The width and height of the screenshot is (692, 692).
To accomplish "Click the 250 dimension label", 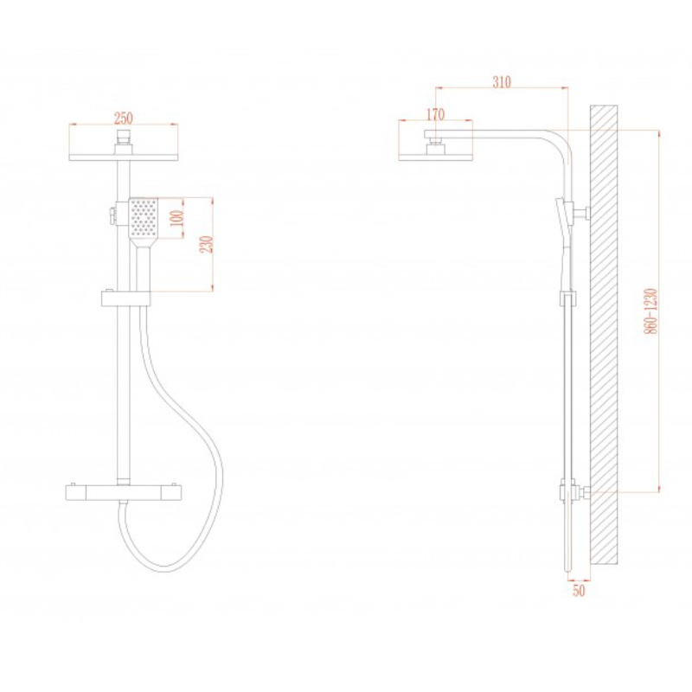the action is click(x=124, y=119).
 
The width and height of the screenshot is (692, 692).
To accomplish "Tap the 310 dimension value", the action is click(x=502, y=82).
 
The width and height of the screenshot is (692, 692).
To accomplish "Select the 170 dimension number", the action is click(x=436, y=114).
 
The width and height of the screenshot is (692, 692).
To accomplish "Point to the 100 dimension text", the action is click(x=177, y=218).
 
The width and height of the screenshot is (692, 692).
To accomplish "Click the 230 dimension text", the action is click(x=207, y=244).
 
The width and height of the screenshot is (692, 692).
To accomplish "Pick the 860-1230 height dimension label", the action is click(x=651, y=311).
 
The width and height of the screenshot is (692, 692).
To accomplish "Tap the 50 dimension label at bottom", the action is click(x=579, y=591).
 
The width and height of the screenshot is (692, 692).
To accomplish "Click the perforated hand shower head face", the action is click(x=143, y=218).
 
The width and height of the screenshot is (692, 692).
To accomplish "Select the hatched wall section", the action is click(x=604, y=335).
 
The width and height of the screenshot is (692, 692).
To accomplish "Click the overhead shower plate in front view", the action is click(x=124, y=157).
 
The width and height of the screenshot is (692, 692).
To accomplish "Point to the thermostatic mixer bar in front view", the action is click(x=124, y=492).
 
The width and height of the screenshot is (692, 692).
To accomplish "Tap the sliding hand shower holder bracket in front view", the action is click(x=125, y=298).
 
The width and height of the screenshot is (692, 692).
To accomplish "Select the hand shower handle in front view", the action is click(x=143, y=268).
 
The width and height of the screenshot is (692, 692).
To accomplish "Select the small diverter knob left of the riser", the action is click(x=112, y=215).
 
